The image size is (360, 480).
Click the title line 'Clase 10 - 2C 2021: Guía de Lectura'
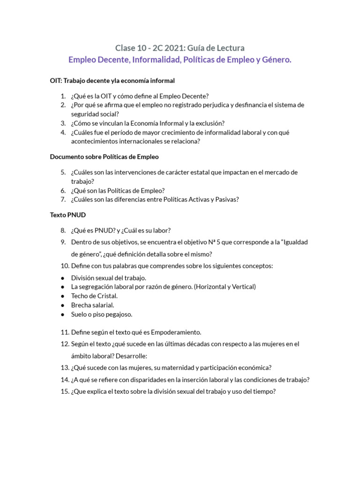pyautogui.click(x=180, y=48)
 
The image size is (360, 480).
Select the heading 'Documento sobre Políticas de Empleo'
pyautogui.click(x=107, y=157)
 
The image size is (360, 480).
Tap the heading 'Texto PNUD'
pyautogui.click(x=68, y=215)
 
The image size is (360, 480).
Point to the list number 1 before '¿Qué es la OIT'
pyautogui.click(x=63, y=96)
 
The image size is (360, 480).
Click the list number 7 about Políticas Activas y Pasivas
pyautogui.click(x=63, y=199)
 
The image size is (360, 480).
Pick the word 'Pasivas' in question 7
pyautogui.click(x=227, y=199)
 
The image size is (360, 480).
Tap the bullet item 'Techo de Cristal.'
pyautogui.click(x=94, y=296)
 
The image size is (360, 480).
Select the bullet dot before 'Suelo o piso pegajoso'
pyautogui.click(x=63, y=315)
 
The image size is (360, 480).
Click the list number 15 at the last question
pyautogui.click(x=65, y=392)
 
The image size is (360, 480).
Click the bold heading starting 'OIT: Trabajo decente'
pyautogui.click(x=112, y=81)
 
